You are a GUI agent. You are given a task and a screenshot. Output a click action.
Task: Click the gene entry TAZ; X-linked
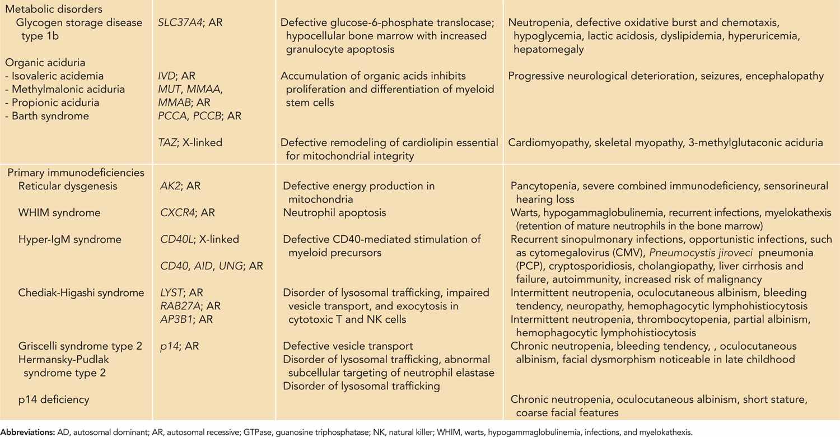(190, 143)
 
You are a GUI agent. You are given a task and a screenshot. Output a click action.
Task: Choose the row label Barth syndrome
(46, 117)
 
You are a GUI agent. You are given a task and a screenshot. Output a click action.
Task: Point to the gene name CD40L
(176, 240)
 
